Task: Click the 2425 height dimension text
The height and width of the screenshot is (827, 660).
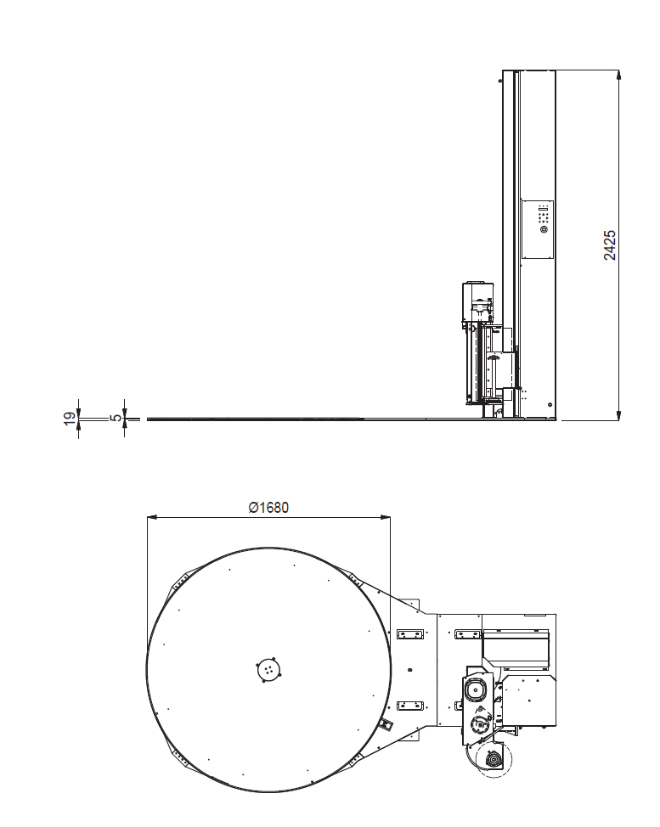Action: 609,245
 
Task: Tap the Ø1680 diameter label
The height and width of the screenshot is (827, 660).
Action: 268,508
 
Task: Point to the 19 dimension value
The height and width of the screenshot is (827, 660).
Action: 70,419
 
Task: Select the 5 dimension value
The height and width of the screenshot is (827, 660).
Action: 116,419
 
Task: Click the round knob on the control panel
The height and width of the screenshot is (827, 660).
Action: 544,230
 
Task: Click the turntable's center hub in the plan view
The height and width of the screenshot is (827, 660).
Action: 269,670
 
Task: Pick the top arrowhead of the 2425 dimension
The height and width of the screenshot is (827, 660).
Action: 619,75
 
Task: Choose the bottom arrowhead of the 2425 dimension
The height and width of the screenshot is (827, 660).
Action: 619,415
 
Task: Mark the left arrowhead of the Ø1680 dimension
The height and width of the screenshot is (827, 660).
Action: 152,519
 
